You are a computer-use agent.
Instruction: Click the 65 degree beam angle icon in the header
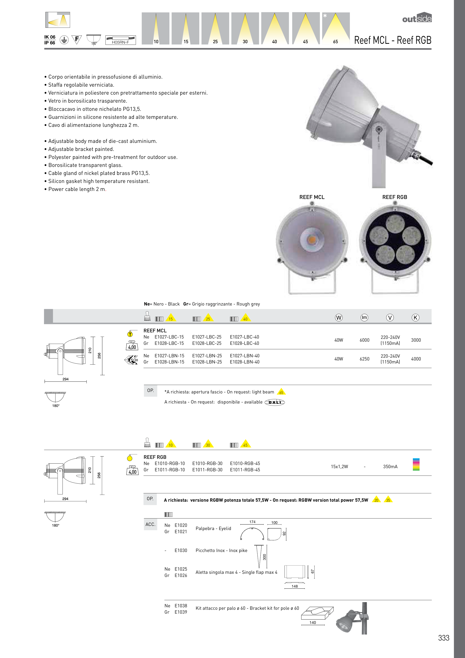point(336,28)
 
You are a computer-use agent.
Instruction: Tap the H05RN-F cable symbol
point(120,40)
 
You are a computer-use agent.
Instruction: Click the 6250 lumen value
point(364,359)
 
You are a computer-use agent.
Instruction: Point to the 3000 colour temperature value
point(416,340)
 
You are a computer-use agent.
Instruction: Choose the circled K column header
point(415,317)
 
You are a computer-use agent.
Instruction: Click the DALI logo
point(274,402)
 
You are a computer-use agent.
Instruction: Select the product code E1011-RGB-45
point(245,470)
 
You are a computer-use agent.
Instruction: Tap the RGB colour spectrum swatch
point(416,464)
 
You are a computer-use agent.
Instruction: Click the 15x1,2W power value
point(339,466)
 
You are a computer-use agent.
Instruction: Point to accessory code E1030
point(181,551)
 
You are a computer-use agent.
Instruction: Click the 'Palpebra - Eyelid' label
point(213,529)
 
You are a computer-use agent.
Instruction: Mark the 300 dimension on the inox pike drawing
point(264,557)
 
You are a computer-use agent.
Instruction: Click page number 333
point(444,638)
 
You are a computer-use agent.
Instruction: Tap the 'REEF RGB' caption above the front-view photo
point(395,197)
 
